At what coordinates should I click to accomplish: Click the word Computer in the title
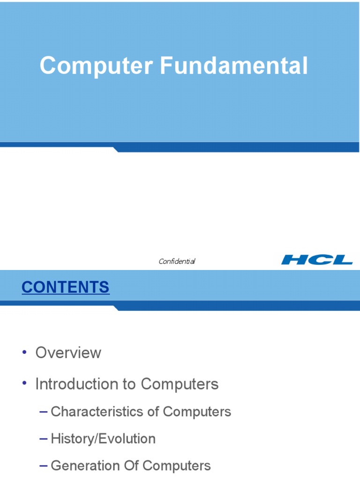coord(96,66)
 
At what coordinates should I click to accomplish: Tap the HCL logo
coord(317,259)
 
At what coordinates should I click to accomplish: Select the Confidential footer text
coord(177,261)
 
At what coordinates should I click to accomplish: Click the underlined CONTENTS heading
coord(66,287)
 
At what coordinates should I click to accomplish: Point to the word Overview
coord(68,352)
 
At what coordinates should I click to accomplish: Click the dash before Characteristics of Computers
coord(44,412)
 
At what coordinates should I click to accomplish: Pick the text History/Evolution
coord(103,439)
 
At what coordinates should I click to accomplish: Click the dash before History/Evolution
coord(44,439)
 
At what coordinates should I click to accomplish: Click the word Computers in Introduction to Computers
coord(180,384)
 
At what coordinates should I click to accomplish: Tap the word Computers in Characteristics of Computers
coord(197,412)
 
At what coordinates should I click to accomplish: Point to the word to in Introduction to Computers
coord(129,384)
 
